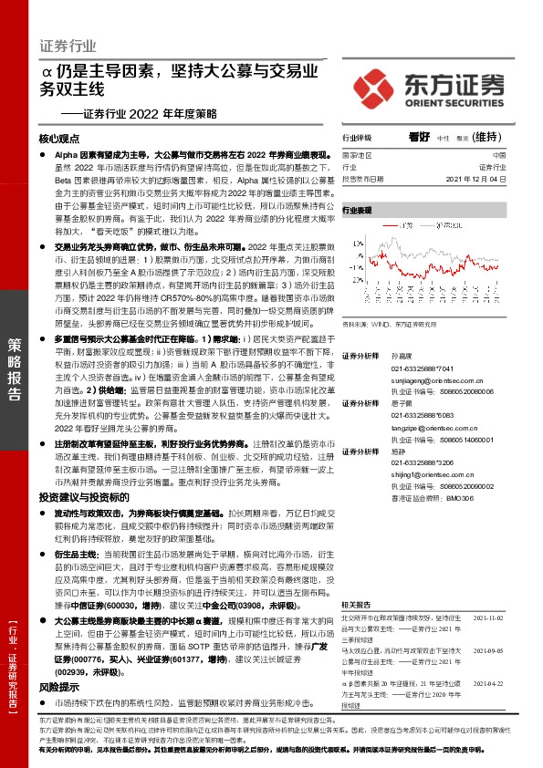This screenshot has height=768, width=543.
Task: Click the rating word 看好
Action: tap(419, 137)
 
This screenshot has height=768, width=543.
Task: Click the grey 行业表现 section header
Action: tap(358, 210)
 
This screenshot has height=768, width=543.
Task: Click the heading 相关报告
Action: tap(356, 580)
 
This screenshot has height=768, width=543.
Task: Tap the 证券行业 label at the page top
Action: tap(68, 45)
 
